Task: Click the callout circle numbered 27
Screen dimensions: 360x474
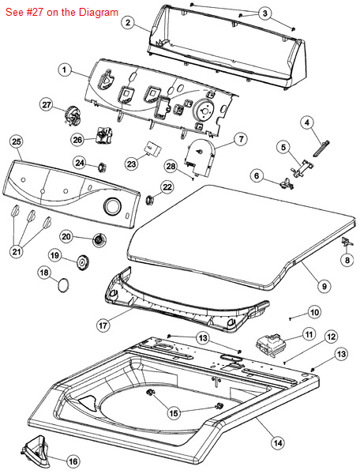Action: pyautogui.click(x=47, y=105)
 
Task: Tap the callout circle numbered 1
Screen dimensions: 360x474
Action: pyautogui.click(x=64, y=70)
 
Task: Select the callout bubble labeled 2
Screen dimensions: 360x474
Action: pyautogui.click(x=129, y=22)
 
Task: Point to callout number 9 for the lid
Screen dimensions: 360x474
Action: pyautogui.click(x=324, y=286)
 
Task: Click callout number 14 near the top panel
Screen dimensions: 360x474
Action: pyautogui.click(x=278, y=443)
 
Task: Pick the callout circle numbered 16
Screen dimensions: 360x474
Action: pyautogui.click(x=73, y=461)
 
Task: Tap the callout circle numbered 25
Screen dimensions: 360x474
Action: pyautogui.click(x=17, y=141)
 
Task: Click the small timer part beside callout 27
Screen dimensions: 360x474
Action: pyautogui.click(x=71, y=116)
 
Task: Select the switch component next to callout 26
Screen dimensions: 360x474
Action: pyautogui.click(x=104, y=134)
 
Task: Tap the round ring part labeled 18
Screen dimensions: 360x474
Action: pyautogui.click(x=63, y=286)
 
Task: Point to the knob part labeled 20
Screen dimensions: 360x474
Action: pyautogui.click(x=99, y=241)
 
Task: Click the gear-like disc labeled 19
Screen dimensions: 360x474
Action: pyautogui.click(x=82, y=263)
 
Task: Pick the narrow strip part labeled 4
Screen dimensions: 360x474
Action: pyautogui.click(x=321, y=149)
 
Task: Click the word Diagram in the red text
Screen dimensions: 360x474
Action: pyautogui.click(x=99, y=12)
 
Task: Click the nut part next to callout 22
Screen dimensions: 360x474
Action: pyautogui.click(x=149, y=200)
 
